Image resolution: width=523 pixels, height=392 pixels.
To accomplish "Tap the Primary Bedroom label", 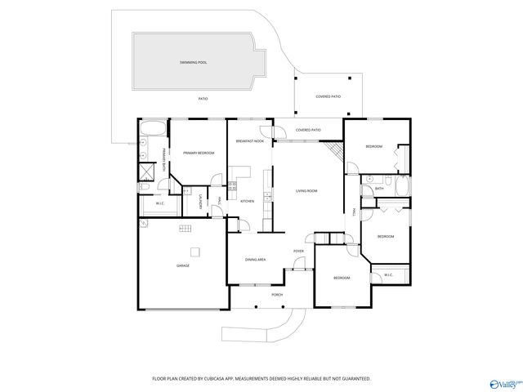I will coord(199,153).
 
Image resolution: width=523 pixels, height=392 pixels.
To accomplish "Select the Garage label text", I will coord(183,265).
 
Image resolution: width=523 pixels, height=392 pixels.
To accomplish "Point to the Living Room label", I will coord(306,191).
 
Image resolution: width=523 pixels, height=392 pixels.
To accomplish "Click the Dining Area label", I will coord(255,260).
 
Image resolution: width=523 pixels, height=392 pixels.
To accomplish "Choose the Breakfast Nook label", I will coord(249,141).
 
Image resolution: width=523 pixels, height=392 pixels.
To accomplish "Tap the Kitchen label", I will coord(247,201).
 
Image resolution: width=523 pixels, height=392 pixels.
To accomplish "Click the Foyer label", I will coord(299,251).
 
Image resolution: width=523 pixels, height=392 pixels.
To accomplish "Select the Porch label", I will coord(277,294).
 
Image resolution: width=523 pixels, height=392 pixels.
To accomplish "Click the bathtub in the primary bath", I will coord(152,128).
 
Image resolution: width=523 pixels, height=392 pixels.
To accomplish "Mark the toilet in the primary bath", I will coord(142,188).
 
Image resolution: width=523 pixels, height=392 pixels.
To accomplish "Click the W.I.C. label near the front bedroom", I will coord(388,274).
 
